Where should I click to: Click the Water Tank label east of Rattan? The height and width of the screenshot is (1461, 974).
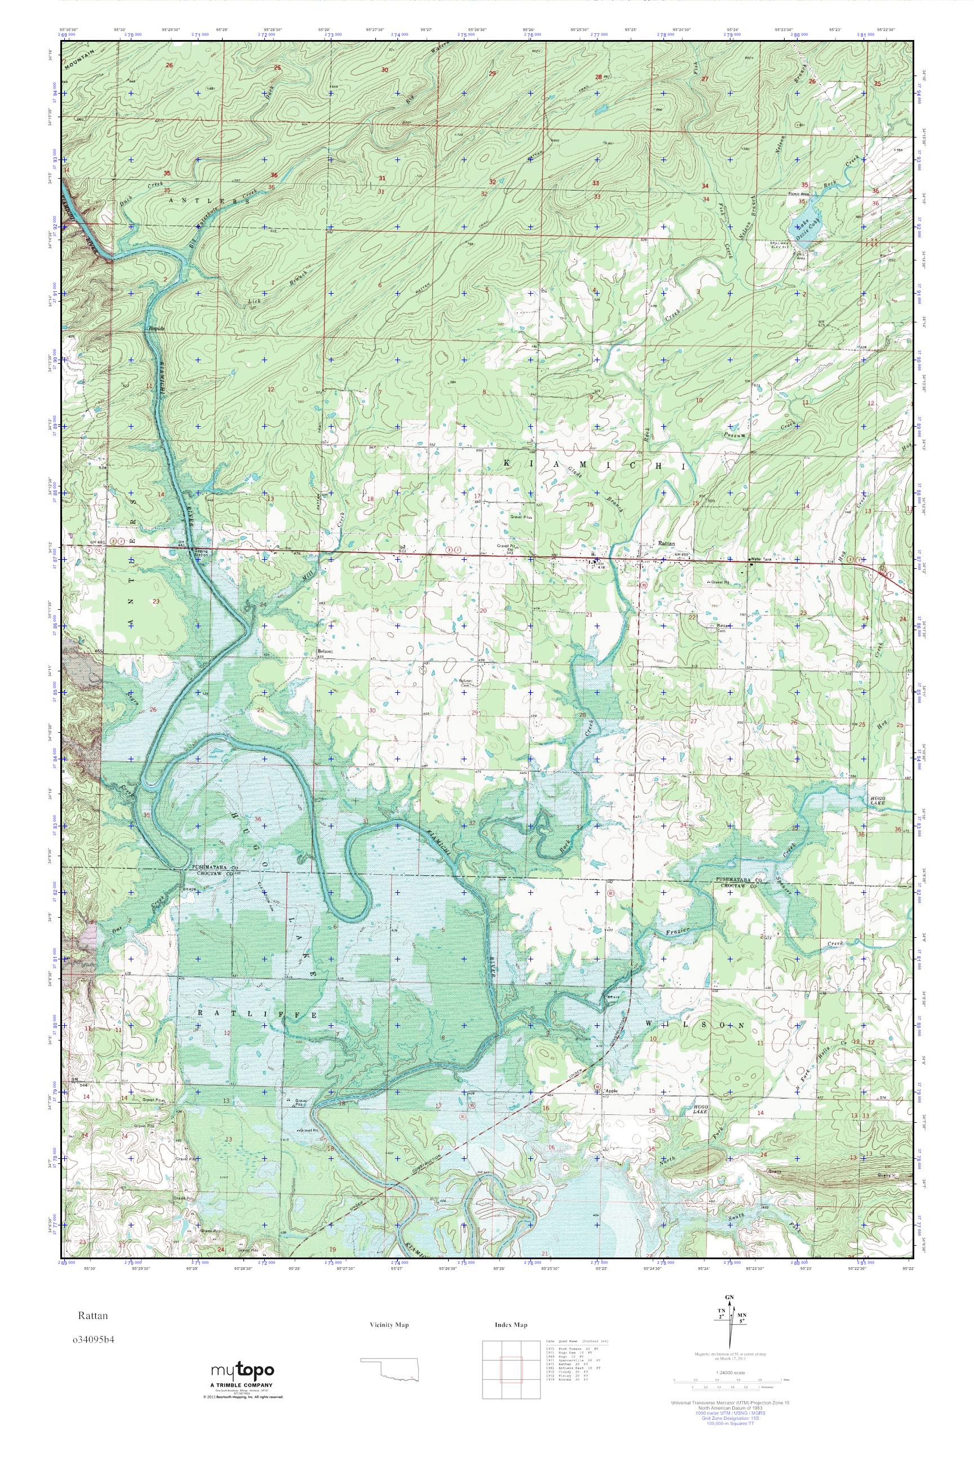coord(760,560)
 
